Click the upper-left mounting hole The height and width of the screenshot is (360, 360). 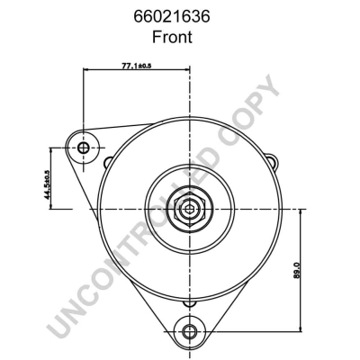pos(84,147)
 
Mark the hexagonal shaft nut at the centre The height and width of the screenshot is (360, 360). pos(189,209)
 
